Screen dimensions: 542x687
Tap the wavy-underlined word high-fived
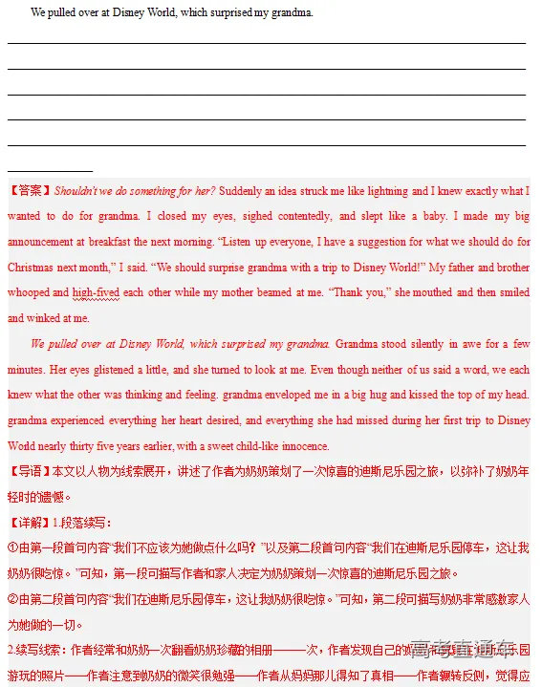point(96,292)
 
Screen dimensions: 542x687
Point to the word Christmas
point(31,268)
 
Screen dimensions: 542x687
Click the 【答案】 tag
point(30,191)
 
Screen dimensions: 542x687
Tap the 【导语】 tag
point(30,471)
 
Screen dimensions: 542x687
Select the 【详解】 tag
point(30,523)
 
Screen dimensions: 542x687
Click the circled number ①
point(13,547)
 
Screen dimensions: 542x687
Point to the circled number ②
point(13,599)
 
